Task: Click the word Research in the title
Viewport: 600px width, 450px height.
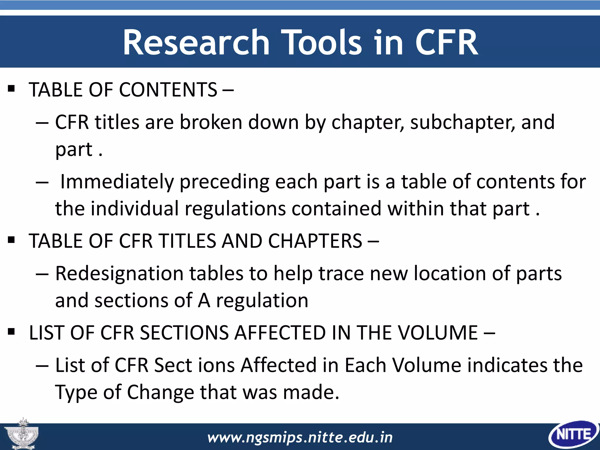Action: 196,42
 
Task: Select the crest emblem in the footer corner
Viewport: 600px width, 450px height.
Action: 22,434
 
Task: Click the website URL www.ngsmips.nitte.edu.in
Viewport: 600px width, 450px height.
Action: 300,437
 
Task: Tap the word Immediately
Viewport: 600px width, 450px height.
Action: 117,182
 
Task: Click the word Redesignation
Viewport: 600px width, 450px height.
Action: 119,274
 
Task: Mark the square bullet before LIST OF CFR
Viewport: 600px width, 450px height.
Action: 11,332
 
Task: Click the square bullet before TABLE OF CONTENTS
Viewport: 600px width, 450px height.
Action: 11,88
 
